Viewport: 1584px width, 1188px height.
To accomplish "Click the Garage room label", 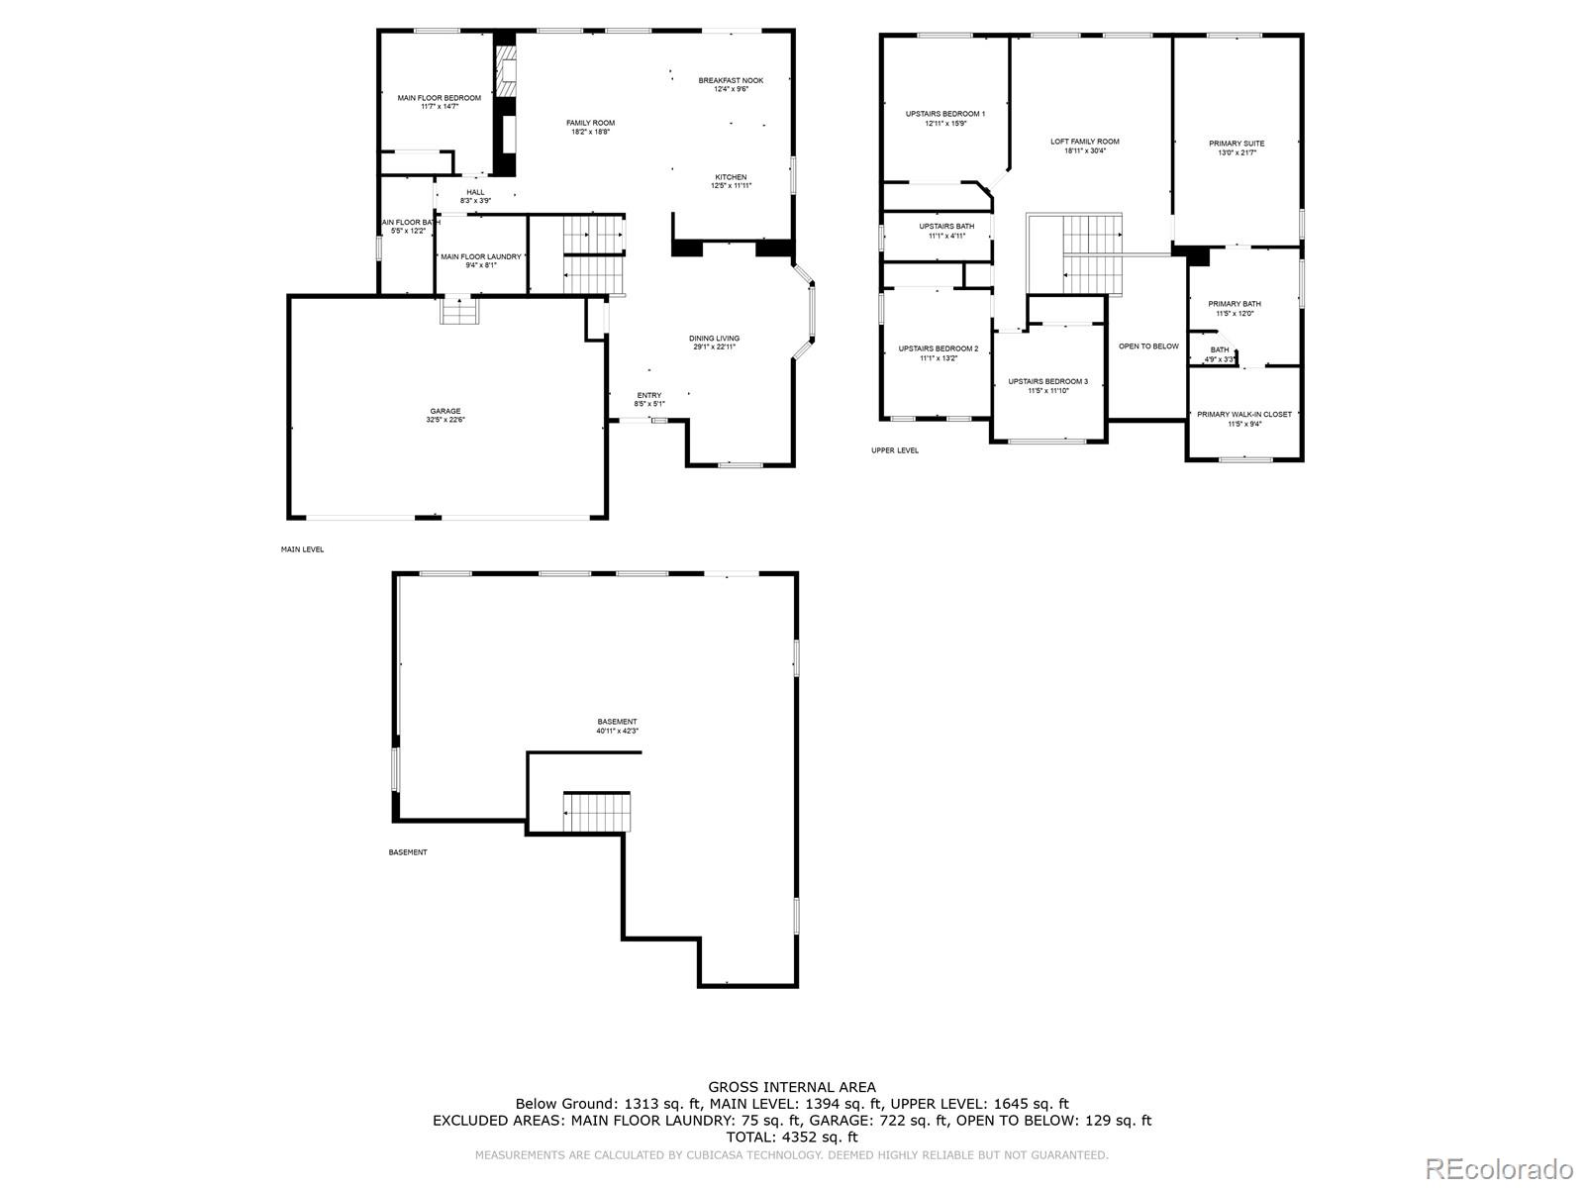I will tap(445, 411).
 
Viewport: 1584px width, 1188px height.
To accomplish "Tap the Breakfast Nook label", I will tap(731, 80).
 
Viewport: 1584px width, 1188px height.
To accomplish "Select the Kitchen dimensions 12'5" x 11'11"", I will tap(731, 186).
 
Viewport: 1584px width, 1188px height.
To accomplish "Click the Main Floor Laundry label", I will tap(481, 256).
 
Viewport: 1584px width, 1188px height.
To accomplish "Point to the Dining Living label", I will tap(715, 339).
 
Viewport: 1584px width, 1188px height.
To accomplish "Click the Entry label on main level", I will tap(649, 395).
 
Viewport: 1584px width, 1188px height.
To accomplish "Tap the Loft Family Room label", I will tap(1085, 142).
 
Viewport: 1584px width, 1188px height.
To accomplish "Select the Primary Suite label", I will tap(1237, 144).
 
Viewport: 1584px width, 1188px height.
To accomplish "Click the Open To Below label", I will tap(1148, 346).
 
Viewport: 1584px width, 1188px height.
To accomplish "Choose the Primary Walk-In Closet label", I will tap(1244, 414).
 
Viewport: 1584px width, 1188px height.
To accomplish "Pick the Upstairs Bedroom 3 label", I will tap(1048, 381).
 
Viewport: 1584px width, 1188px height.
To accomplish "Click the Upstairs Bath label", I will tap(946, 226).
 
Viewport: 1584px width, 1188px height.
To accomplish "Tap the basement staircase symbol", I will tap(597, 812).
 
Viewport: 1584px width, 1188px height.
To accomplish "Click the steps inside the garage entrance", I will tap(460, 311).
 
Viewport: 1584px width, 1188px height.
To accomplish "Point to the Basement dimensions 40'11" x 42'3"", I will tap(617, 732).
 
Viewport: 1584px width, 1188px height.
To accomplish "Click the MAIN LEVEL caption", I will tap(302, 549).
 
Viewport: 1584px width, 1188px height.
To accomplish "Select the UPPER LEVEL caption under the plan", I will tap(895, 450).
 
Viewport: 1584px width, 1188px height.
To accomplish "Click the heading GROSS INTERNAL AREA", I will tap(792, 1087).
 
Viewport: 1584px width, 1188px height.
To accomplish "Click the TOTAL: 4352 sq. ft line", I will tap(792, 1138).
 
